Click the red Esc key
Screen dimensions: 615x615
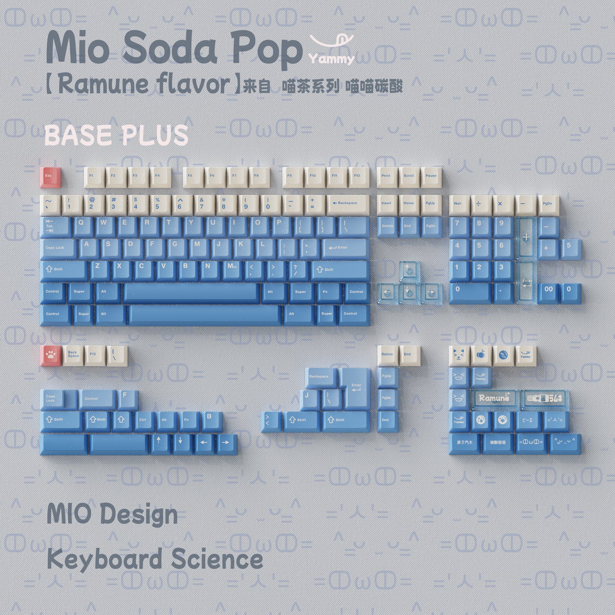coord(50,177)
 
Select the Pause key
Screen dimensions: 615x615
coord(431,177)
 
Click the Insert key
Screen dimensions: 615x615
coord(387,204)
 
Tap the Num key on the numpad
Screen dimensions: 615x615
coord(459,205)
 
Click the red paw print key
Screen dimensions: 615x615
coord(51,355)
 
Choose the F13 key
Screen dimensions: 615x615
coord(94,355)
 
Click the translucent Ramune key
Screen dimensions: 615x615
coord(494,399)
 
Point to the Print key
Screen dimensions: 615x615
coord(387,177)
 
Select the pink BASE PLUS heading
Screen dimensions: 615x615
coord(116,135)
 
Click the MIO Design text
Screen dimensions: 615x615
coord(112,514)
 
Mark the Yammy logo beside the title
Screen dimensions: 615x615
coord(332,50)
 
